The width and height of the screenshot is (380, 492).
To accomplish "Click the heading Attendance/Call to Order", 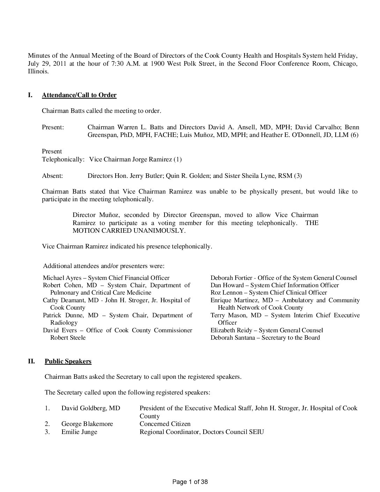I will coord(79,95).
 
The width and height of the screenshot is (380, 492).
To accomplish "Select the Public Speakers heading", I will coord(68,361).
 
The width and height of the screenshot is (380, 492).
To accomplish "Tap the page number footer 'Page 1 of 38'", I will coord(190,482).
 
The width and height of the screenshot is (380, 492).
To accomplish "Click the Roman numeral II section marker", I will coord(31,361).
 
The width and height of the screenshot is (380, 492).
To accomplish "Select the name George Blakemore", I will coord(87,424).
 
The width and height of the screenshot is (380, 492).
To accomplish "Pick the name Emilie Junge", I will coord(79,432).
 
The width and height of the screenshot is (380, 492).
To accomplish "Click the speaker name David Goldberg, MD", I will coord(90,408).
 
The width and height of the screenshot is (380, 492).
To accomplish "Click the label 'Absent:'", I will coord(52,175).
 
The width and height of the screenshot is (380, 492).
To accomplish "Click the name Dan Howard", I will coord(227,285).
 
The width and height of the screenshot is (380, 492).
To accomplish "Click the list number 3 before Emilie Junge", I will coord(47,432).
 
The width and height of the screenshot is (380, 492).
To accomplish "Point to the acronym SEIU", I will coord(256,432).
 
